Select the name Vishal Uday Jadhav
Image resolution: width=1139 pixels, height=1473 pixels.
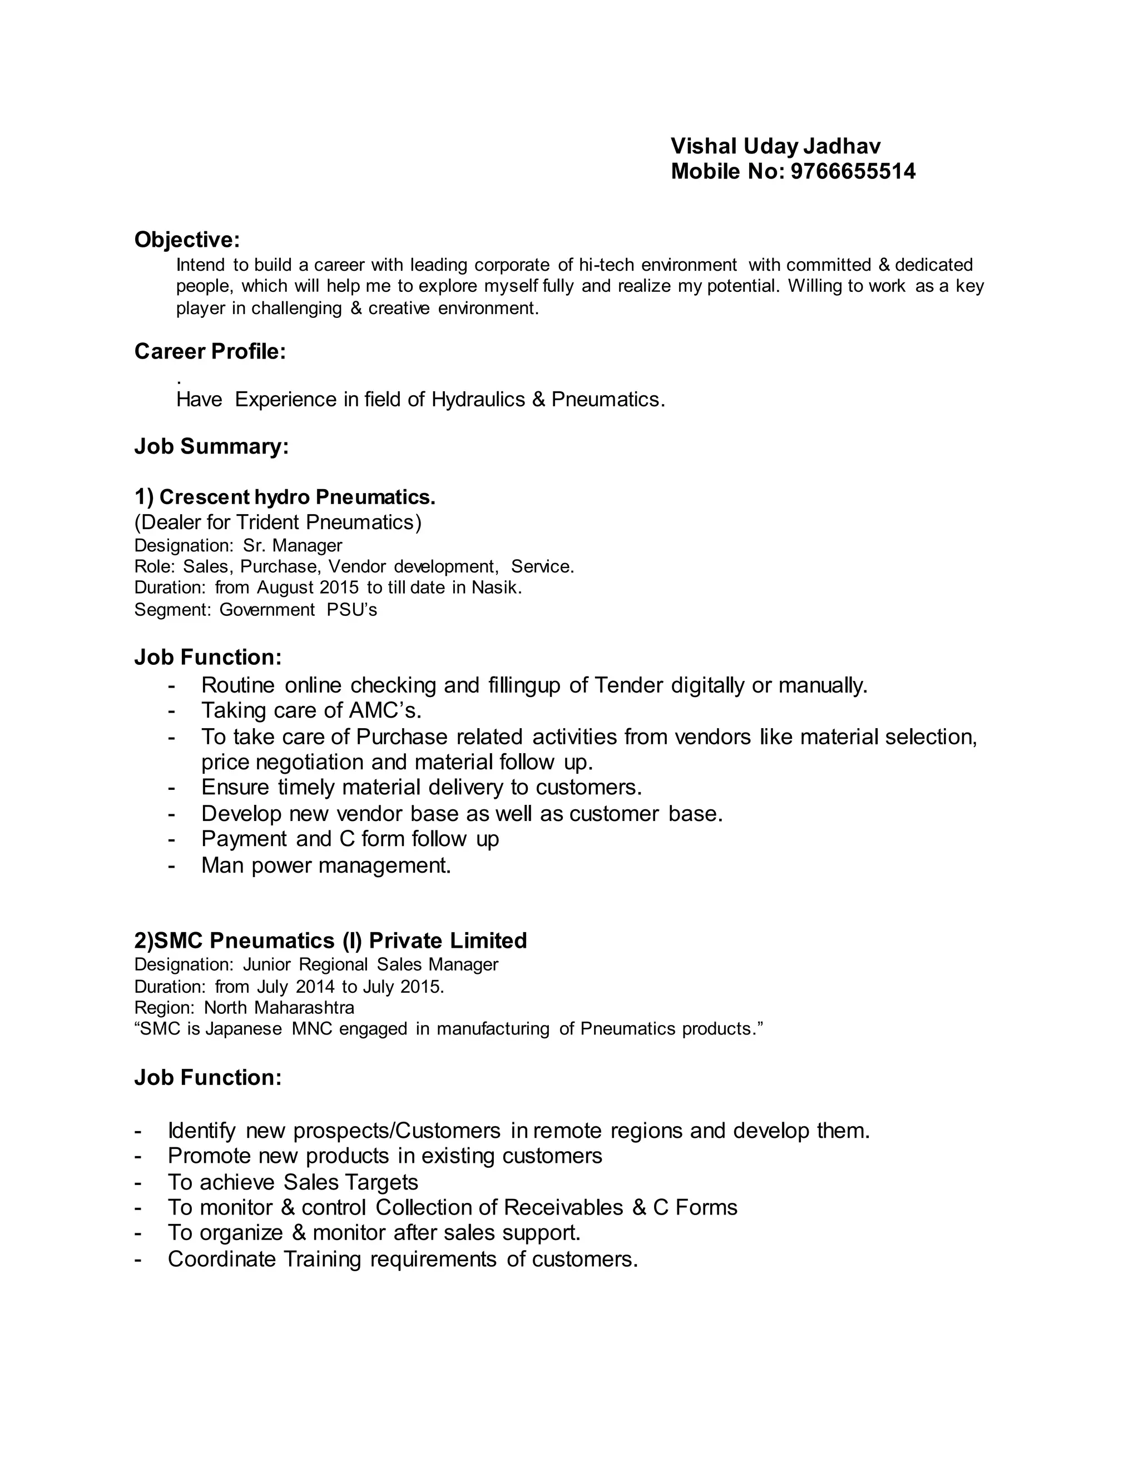point(775,146)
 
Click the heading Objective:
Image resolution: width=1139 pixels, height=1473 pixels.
point(187,240)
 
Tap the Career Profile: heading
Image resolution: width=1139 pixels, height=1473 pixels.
point(210,351)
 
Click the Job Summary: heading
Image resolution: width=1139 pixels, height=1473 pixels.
point(211,446)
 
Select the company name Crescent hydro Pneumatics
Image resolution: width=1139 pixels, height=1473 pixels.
point(285,497)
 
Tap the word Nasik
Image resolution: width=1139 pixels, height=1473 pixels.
point(496,588)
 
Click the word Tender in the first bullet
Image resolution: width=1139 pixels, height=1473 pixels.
point(629,685)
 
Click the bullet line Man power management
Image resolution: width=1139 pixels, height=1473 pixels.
point(326,865)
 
